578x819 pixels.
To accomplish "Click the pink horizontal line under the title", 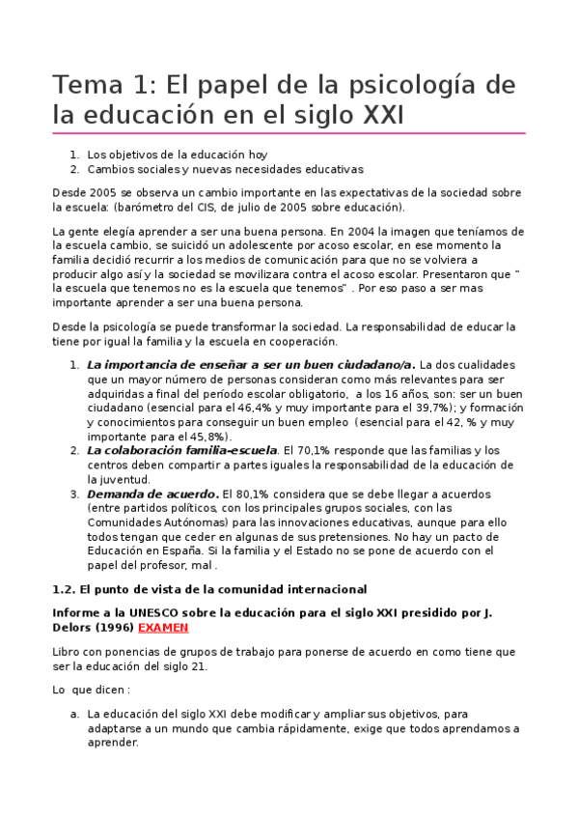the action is click(289, 133).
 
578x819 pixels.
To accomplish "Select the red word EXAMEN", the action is click(163, 627).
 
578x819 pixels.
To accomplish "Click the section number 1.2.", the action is click(63, 588).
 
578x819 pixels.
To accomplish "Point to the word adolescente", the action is click(244, 246).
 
